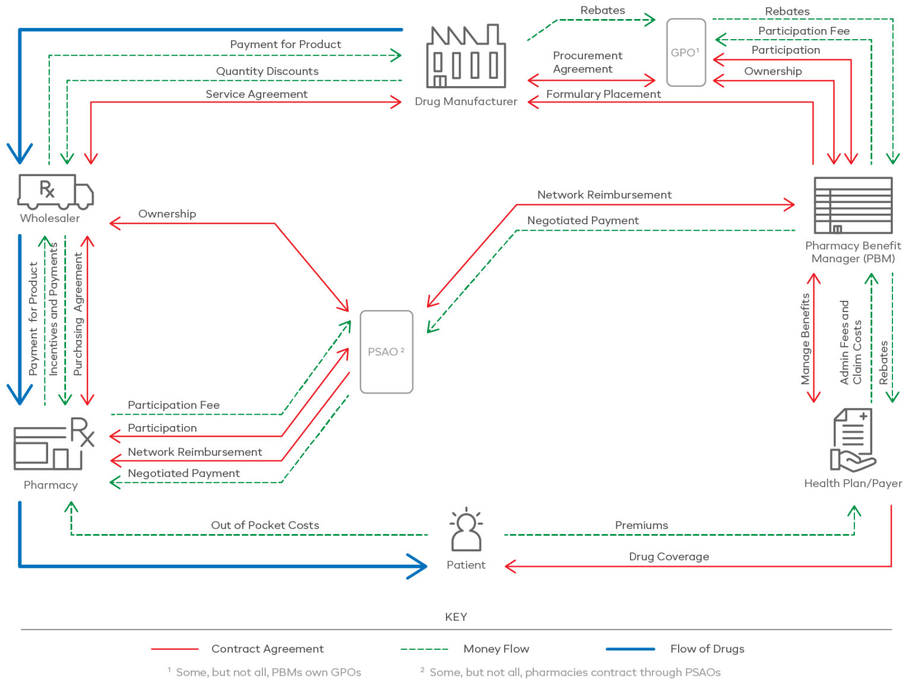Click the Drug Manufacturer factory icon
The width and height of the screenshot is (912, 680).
[x=466, y=57]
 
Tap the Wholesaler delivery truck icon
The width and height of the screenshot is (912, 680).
[x=55, y=191]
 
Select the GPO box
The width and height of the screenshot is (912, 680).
[x=686, y=52]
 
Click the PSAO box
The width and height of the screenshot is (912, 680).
[x=386, y=351]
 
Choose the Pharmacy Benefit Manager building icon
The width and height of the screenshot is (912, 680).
[x=853, y=205]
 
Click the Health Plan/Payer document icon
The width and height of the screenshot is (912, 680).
[x=853, y=440]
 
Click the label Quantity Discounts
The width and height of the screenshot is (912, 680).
[x=267, y=71]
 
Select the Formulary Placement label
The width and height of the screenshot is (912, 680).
[x=603, y=94]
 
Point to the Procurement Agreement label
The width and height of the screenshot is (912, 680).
[x=587, y=62]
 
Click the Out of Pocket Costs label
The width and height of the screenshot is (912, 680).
[x=265, y=525]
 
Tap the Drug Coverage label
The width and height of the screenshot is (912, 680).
[x=669, y=557]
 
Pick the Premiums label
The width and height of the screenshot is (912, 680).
[x=641, y=525]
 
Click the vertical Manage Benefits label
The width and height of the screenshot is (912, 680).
[x=805, y=339]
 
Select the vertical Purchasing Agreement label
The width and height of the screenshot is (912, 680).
[x=78, y=314]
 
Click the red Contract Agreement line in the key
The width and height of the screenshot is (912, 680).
[x=175, y=649]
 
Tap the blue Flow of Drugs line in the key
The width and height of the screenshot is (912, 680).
[x=630, y=649]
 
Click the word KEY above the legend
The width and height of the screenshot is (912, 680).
[x=456, y=617]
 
